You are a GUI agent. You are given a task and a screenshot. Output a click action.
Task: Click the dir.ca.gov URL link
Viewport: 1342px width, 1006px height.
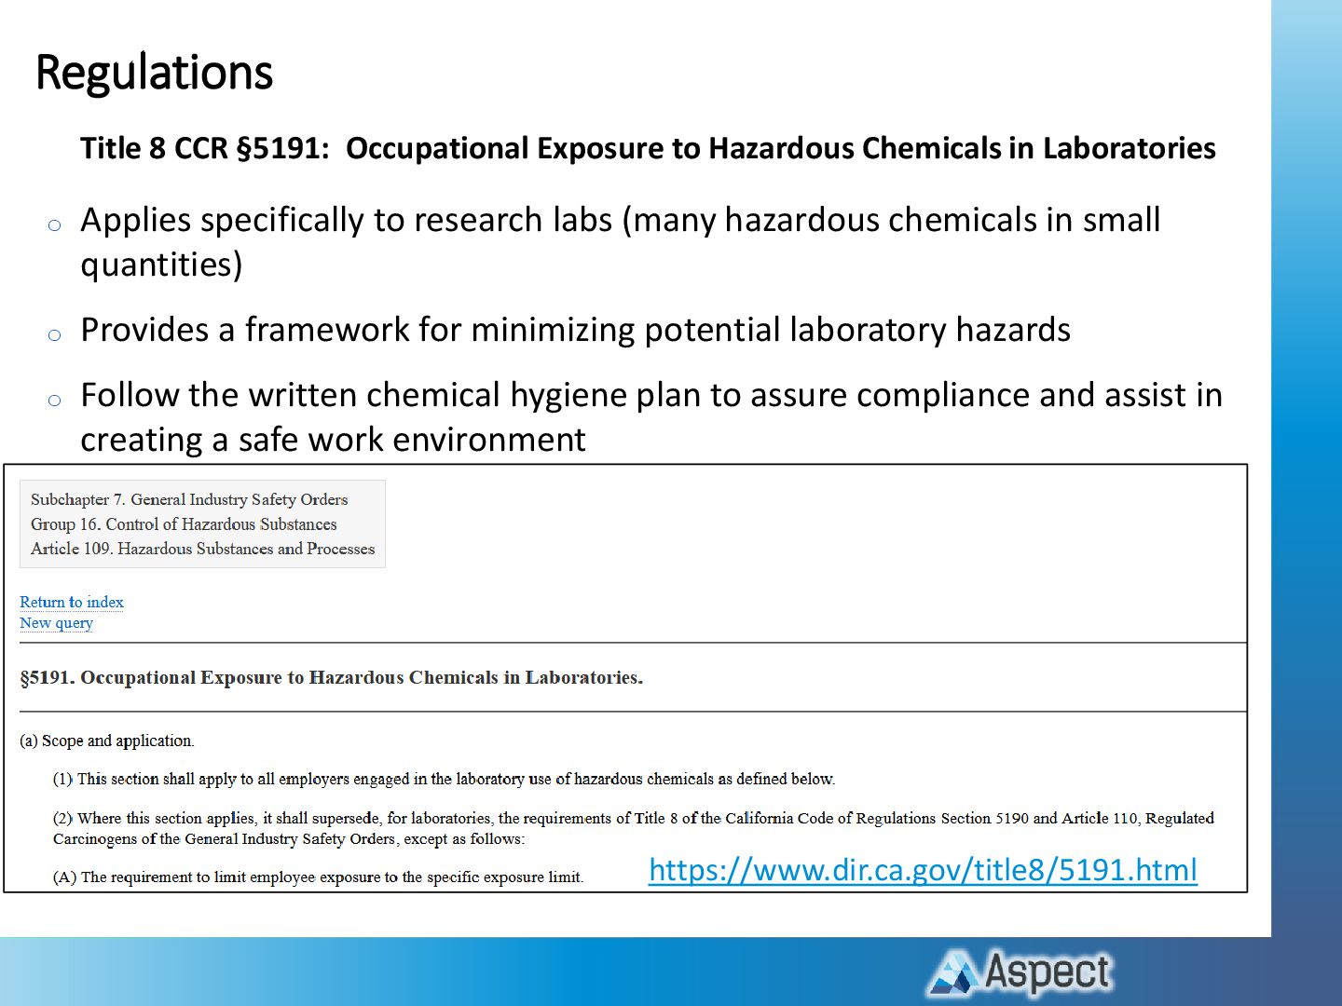[x=923, y=870]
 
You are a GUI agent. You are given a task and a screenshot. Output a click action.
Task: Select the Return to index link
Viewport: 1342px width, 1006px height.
[x=72, y=603]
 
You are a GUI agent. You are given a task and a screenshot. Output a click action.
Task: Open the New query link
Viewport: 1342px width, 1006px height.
[x=56, y=623]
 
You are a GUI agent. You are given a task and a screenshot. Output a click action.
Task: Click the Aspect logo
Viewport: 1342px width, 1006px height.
[x=1020, y=972]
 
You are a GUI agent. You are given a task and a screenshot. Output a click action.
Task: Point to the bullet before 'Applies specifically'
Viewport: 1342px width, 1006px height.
[x=54, y=225]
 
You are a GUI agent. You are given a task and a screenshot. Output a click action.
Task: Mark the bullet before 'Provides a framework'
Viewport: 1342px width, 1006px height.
[x=54, y=334]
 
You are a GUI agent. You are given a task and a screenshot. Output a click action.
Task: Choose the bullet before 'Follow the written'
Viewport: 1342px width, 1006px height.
[x=54, y=401]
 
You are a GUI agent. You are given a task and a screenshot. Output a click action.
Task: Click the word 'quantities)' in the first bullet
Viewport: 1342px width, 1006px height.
[x=162, y=265]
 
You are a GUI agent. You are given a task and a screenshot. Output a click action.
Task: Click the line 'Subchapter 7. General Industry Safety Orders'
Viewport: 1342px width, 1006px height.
[x=189, y=499]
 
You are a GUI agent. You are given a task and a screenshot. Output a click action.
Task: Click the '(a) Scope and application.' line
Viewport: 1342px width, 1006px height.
[x=107, y=741]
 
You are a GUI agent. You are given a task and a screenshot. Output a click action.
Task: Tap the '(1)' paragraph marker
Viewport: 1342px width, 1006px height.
[x=63, y=780]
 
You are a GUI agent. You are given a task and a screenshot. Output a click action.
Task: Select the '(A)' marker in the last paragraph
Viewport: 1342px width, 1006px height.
[x=65, y=877]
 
